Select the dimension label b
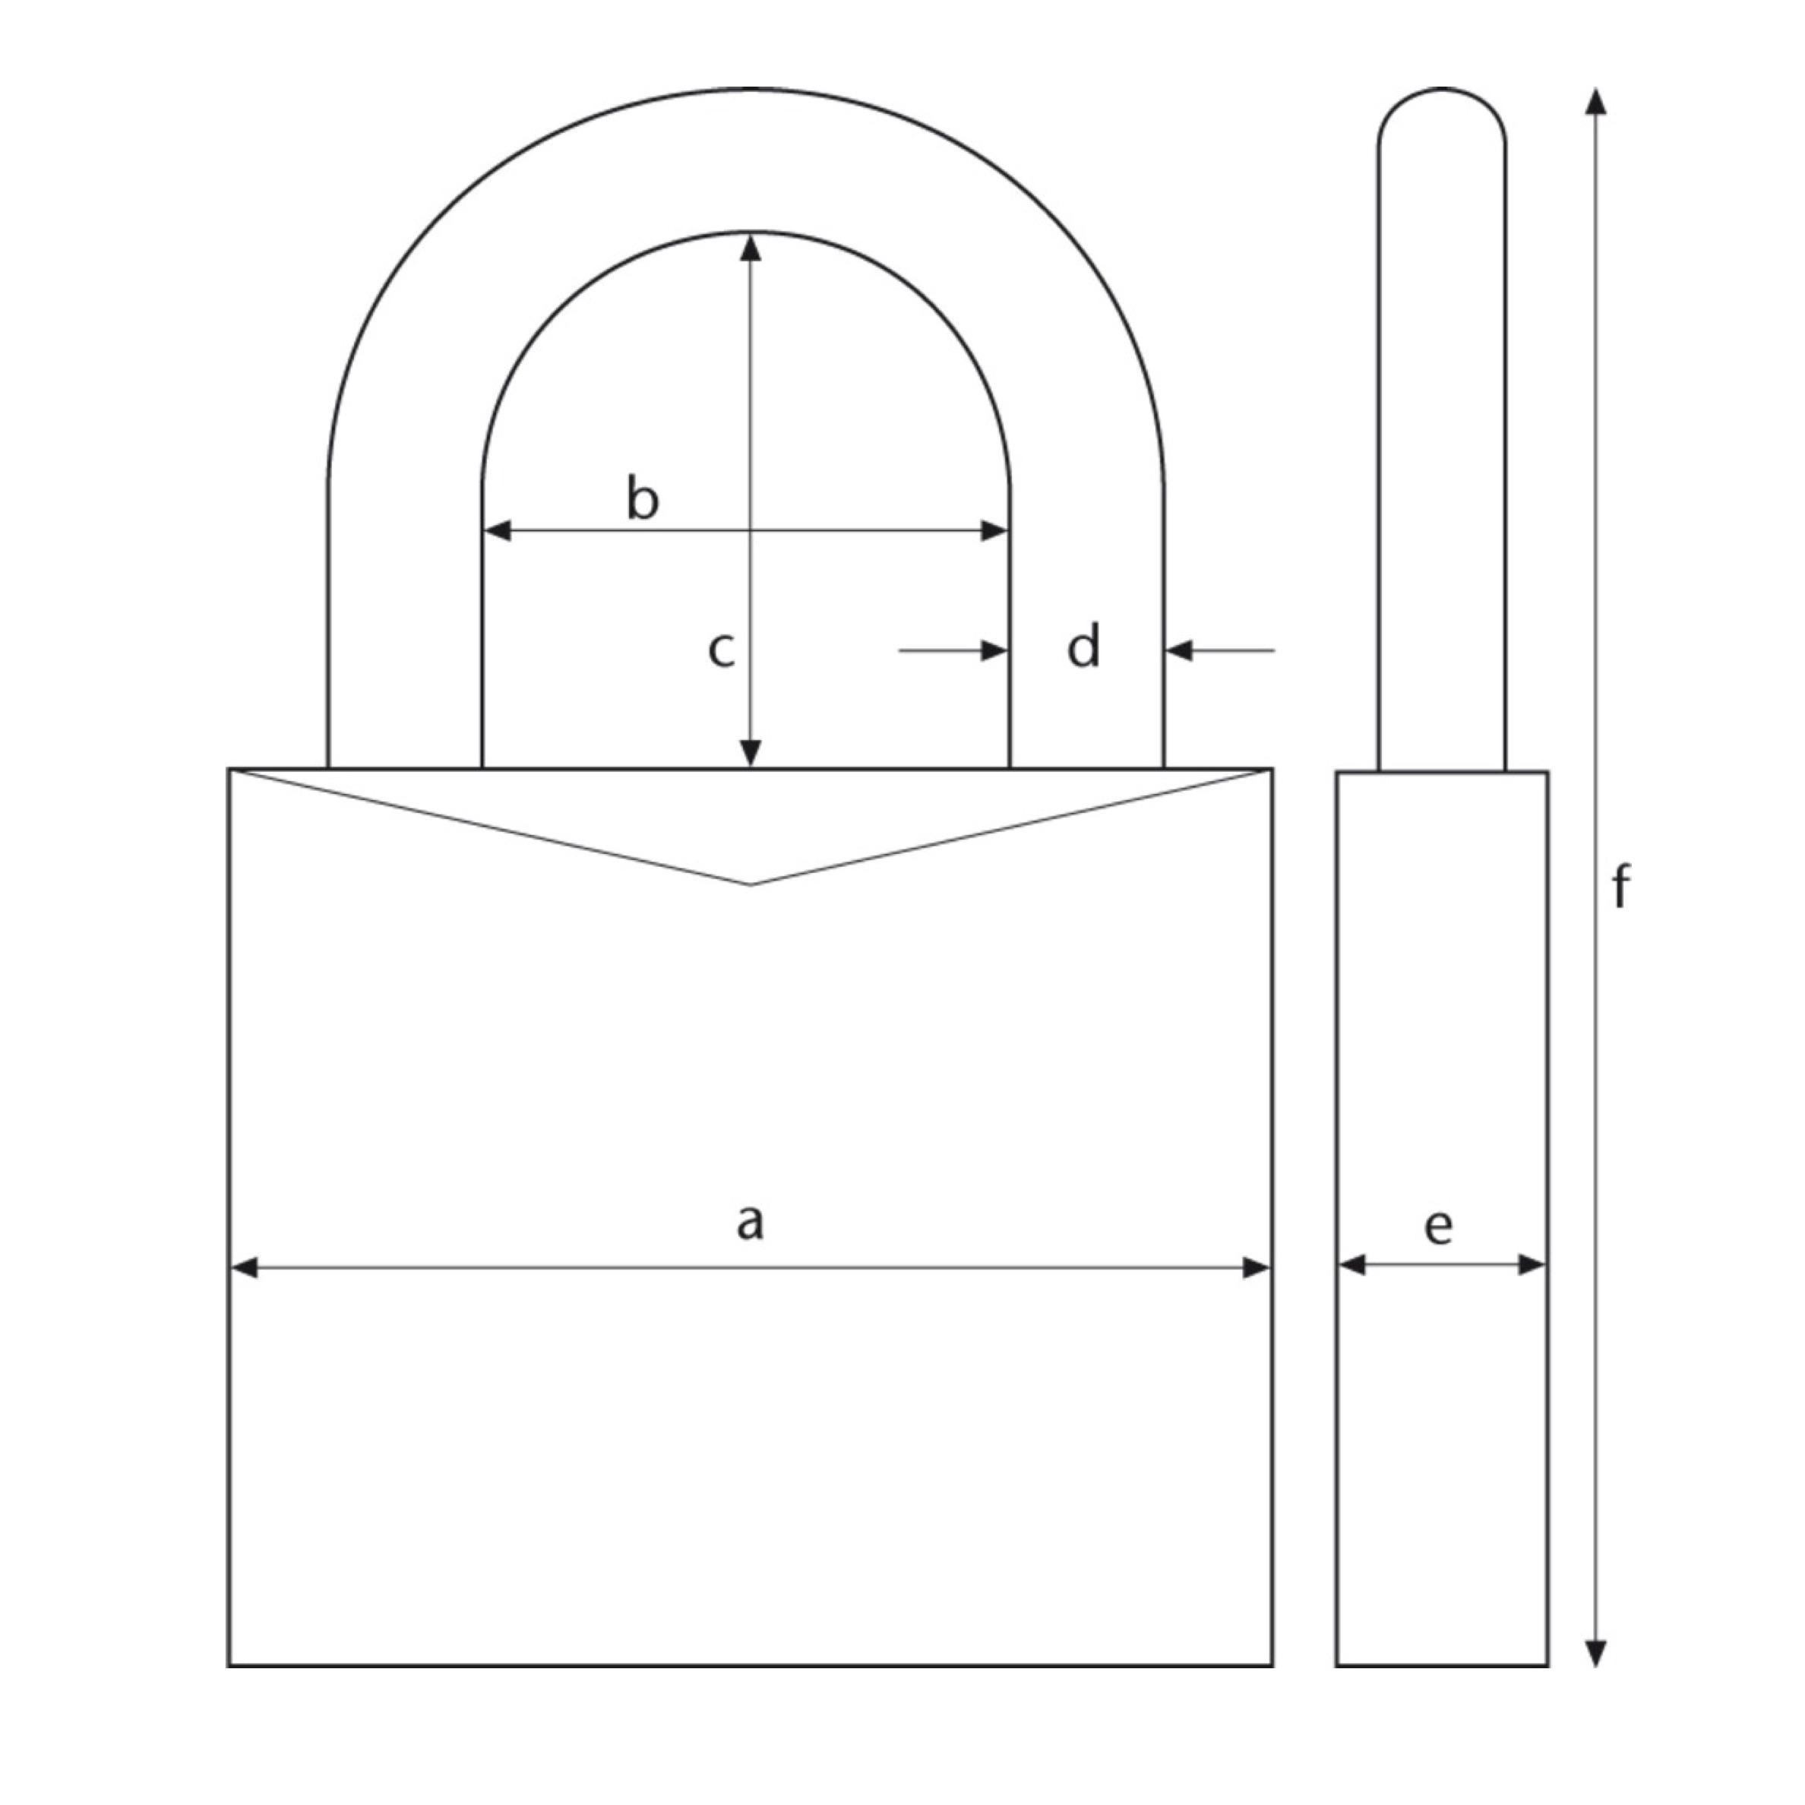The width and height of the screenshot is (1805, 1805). [642, 498]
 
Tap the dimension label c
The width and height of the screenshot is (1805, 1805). [720, 650]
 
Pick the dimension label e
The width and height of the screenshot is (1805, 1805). [1439, 1226]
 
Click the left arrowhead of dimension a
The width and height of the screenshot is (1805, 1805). [244, 1268]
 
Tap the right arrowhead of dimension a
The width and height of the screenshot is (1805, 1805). [1256, 1268]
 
